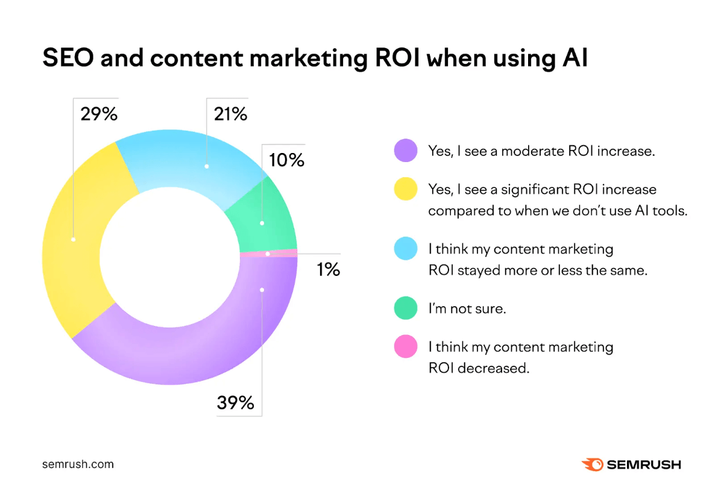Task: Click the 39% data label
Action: pos(235,402)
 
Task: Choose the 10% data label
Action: pos(286,160)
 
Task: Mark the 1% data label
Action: pos(328,269)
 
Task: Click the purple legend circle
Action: pos(406,151)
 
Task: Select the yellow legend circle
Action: pos(406,189)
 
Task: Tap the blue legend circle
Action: pos(406,249)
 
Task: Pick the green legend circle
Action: pos(406,308)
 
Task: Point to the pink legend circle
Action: pos(406,347)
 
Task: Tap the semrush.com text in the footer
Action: pos(78,464)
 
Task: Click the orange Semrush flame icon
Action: pos(591,464)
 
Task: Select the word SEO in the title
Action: pos(68,59)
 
